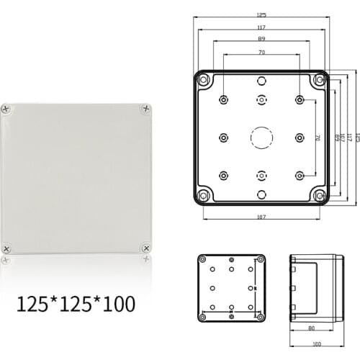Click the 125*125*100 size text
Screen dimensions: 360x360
tap(75, 304)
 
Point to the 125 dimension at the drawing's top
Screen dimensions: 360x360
tap(261, 14)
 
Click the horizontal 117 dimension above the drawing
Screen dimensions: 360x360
tap(261, 27)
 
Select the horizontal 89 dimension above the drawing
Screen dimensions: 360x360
tap(261, 40)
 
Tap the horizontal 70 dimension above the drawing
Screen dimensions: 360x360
tap(261, 53)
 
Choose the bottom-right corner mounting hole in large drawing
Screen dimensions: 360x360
tap(318, 194)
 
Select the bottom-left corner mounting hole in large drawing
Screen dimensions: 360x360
tap(204, 194)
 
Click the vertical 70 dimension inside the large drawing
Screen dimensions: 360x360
tap(318, 138)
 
